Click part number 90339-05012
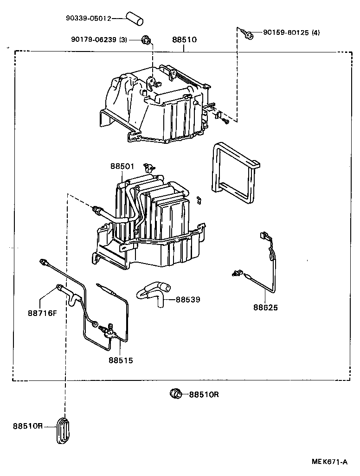point(88,19)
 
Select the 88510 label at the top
point(184,40)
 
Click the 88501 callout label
point(122,166)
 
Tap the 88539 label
point(188,300)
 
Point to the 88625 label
point(265,307)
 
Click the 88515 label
point(121,360)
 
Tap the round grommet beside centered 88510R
point(176,394)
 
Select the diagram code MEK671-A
point(329,462)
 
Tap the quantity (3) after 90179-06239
point(122,40)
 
